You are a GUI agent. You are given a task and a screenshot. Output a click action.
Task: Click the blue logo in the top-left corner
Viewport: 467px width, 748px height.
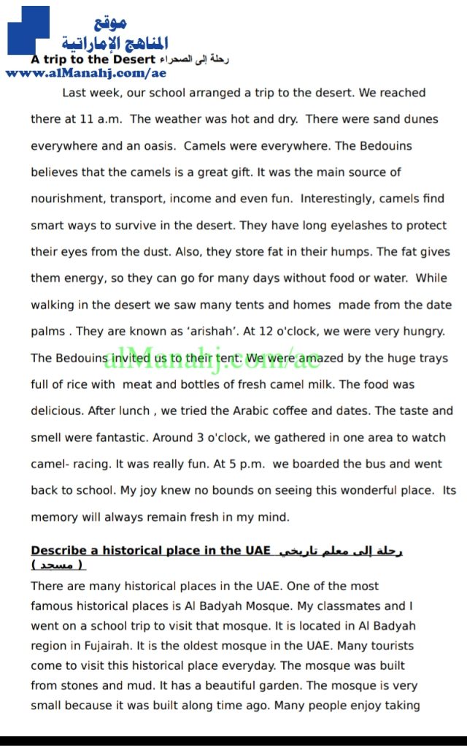pyautogui.click(x=28, y=31)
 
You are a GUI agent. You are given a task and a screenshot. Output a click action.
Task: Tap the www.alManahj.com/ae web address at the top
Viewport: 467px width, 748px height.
pyautogui.click(x=85, y=73)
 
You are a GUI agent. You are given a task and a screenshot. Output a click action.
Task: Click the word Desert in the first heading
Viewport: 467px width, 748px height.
pyautogui.click(x=136, y=59)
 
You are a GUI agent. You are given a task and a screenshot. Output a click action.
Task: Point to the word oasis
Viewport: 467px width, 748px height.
pyautogui.click(x=158, y=145)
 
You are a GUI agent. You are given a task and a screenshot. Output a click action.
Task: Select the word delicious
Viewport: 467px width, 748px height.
pyautogui.click(x=59, y=411)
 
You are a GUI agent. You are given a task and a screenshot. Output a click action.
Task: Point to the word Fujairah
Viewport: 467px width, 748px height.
pyautogui.click(x=107, y=626)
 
